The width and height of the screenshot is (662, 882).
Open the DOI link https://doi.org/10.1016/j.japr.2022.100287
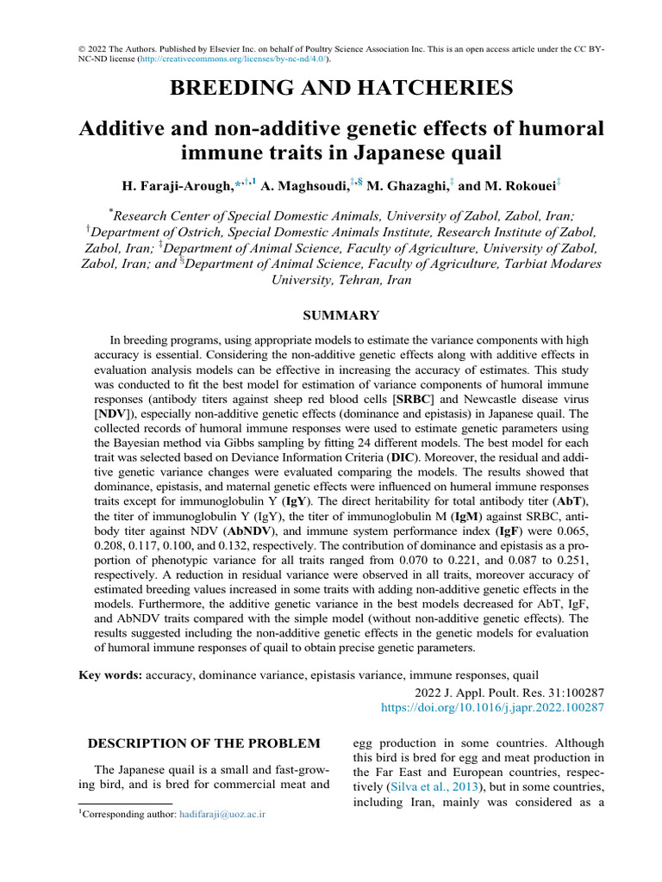(x=492, y=707)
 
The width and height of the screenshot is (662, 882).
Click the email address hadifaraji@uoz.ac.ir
(x=222, y=813)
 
